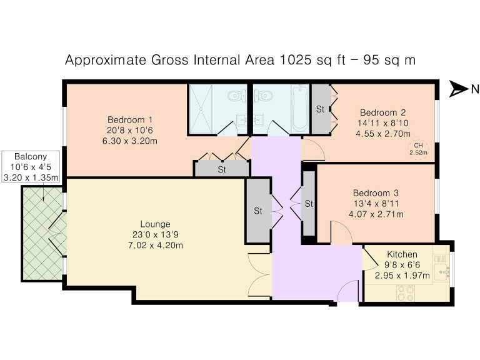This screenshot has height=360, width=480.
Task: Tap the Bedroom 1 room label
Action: [130, 119]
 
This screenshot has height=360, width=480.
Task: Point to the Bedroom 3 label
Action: [375, 193]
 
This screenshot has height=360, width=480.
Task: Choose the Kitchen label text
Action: [402, 254]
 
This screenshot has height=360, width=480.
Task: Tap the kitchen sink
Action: [443, 271]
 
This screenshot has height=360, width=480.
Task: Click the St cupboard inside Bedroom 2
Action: [320, 109]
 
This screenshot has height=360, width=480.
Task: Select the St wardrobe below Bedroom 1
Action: [222, 169]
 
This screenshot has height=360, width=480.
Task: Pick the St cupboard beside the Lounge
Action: [257, 211]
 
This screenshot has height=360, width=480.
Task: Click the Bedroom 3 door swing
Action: [341, 234]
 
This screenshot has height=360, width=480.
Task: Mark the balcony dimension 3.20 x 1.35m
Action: [31, 177]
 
